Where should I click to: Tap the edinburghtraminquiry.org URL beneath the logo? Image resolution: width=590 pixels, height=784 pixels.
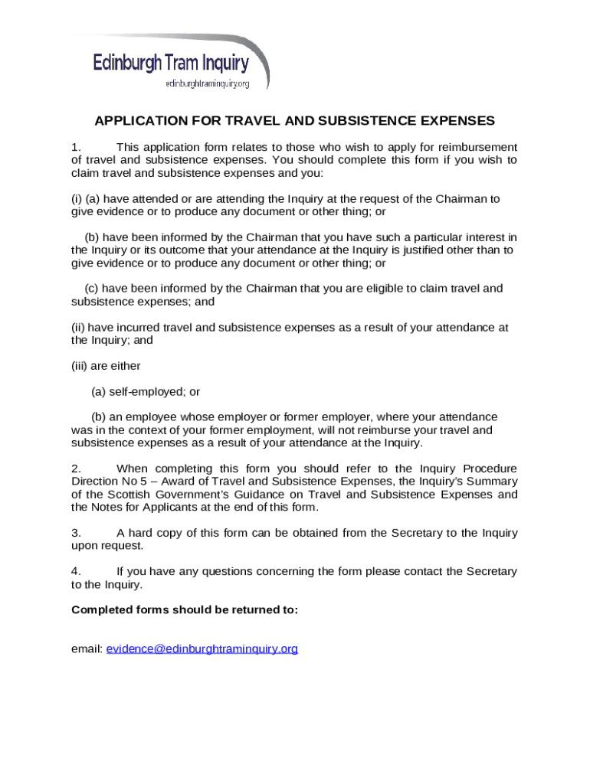[208, 83]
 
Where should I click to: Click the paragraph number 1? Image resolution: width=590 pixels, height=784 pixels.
[75, 147]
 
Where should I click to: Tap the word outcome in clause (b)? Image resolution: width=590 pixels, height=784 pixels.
[173, 250]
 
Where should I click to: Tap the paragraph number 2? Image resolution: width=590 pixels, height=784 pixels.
[75, 469]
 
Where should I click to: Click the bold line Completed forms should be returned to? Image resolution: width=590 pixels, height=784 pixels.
[184, 610]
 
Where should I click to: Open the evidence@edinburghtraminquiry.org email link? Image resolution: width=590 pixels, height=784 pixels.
[202, 649]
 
